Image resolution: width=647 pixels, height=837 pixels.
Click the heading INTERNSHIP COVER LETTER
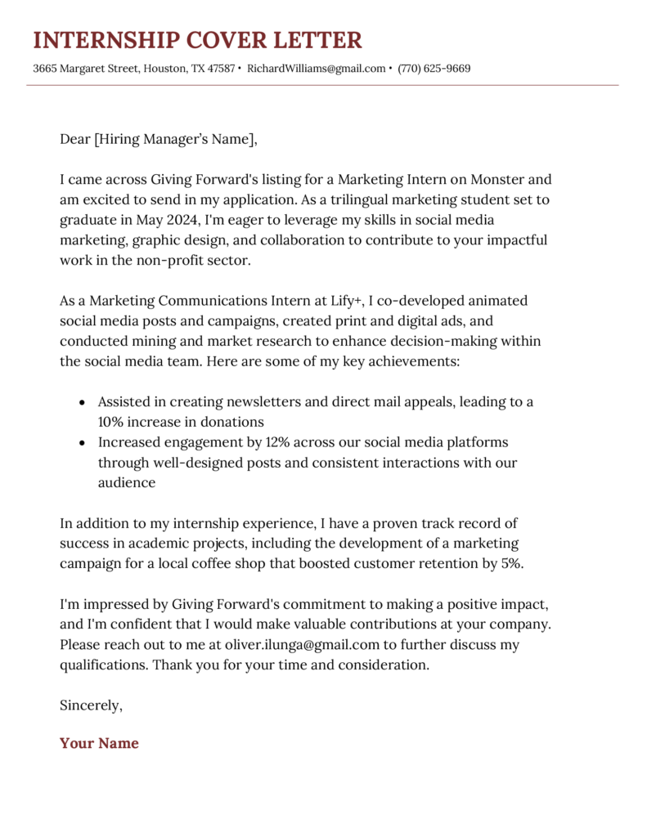(197, 40)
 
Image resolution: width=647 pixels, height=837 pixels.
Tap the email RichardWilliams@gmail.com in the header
(316, 69)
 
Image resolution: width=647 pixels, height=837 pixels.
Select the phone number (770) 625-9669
(434, 69)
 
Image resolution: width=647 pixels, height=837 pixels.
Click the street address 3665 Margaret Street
(84, 69)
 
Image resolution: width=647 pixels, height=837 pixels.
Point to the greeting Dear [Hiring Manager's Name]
(158, 139)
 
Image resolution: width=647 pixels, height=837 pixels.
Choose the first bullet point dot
(82, 403)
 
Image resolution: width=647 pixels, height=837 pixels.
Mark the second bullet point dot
(82, 443)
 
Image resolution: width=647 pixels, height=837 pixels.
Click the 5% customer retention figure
(510, 563)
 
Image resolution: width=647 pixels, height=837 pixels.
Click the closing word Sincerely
(91, 705)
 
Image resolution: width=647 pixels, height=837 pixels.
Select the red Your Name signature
(99, 743)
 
